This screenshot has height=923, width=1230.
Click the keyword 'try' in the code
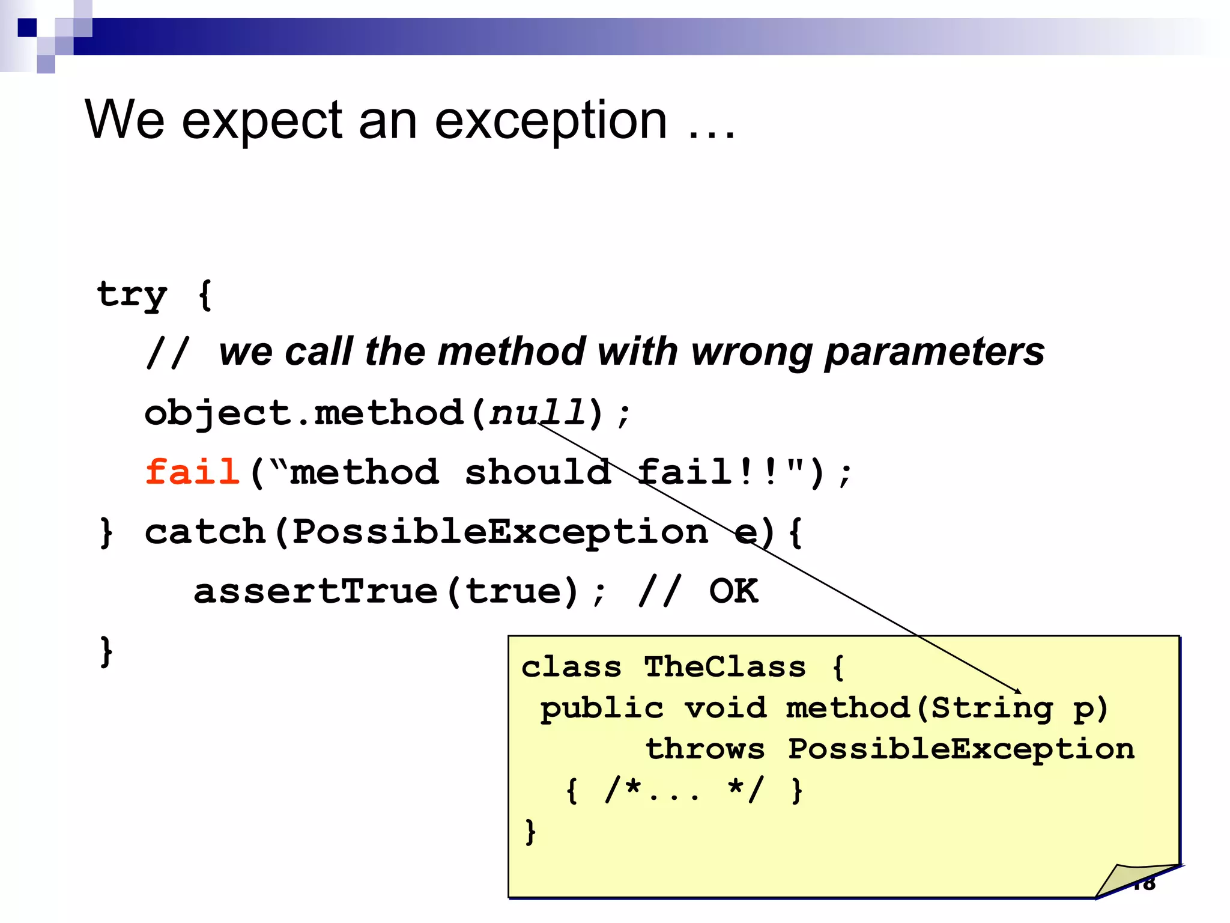pos(132,295)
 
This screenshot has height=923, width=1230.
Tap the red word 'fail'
pos(192,472)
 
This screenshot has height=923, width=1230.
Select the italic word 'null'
pos(537,413)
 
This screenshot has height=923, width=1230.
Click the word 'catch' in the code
pos(205,532)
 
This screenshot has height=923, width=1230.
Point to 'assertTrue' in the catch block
pos(315,591)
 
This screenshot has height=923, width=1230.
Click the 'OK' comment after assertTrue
pos(733,591)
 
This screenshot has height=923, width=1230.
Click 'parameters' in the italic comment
pos(935,352)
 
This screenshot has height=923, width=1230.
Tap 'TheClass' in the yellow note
pos(724,667)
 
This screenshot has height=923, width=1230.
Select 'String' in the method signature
pos(991,708)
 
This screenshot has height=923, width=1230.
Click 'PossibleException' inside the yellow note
pos(961,749)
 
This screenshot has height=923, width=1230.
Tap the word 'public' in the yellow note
pos(602,708)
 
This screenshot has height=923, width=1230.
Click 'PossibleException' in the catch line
pos(500,532)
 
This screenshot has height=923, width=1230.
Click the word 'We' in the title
pos(124,120)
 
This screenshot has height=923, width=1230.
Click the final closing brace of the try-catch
pos(106,651)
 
